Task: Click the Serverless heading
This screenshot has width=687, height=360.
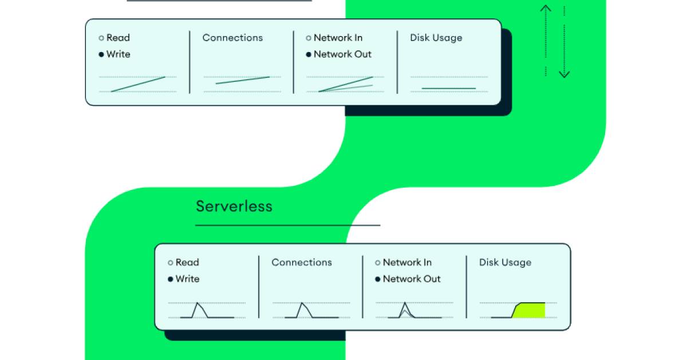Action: (x=234, y=206)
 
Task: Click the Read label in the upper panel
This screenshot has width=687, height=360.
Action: (x=118, y=38)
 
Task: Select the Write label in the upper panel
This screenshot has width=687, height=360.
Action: (x=118, y=54)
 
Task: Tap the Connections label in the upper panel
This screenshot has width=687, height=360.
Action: (x=232, y=38)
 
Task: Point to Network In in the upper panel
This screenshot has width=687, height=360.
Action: (x=338, y=38)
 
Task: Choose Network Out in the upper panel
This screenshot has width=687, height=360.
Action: (x=342, y=54)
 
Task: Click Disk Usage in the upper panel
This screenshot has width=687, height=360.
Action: (x=436, y=38)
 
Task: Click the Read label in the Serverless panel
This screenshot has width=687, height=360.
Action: (x=187, y=263)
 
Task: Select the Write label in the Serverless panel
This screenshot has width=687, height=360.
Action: (x=187, y=279)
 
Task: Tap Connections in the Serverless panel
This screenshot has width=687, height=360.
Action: (x=302, y=263)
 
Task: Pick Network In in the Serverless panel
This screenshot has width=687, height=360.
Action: (x=407, y=263)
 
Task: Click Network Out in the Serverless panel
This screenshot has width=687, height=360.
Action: (x=412, y=279)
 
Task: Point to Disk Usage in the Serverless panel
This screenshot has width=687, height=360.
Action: (x=505, y=263)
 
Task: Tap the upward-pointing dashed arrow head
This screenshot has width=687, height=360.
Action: (x=546, y=8)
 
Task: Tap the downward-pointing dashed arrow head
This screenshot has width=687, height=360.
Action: (x=564, y=74)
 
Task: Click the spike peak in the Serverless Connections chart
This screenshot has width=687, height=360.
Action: (x=302, y=303)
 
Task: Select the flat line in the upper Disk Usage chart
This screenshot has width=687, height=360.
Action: (x=449, y=88)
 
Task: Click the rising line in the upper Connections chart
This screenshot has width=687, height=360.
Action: (x=242, y=80)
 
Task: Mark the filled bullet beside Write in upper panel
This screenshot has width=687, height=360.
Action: (x=101, y=54)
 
